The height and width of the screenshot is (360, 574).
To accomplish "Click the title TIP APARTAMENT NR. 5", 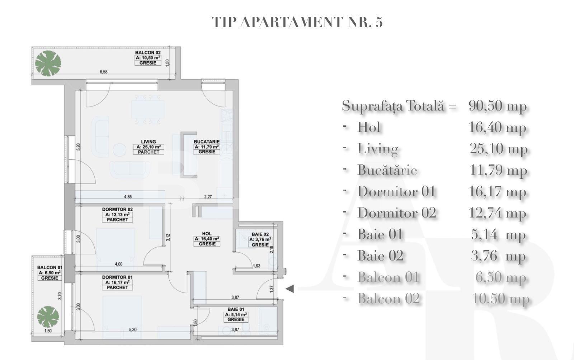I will pos(297,22).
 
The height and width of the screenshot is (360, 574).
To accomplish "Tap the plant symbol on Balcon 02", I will pos(48,63).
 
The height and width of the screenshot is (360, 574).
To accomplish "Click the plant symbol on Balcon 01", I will pos(48,317).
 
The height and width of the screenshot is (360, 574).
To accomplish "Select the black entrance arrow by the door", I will pos(290,288).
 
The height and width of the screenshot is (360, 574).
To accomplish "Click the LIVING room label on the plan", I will pos(148,142).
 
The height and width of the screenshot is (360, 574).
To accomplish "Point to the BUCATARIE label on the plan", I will pos(207,142).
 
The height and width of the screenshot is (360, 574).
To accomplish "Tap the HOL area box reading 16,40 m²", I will pos(207,238).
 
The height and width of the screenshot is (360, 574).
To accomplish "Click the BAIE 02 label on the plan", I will pos(260,234).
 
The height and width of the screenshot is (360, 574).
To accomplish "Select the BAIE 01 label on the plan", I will pos(236,309).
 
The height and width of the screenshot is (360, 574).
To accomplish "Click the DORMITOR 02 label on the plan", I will pos(117,209).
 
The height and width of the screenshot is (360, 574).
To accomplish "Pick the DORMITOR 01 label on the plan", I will pos(117,277).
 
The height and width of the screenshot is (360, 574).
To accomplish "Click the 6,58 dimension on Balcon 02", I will pos(103,72).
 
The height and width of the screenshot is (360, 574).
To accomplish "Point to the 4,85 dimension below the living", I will pos(128,196).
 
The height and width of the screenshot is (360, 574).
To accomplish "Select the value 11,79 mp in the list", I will pos(498,170).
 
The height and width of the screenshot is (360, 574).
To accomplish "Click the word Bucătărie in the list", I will pos(387,170).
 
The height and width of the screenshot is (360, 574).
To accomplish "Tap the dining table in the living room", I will pos(147,109).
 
